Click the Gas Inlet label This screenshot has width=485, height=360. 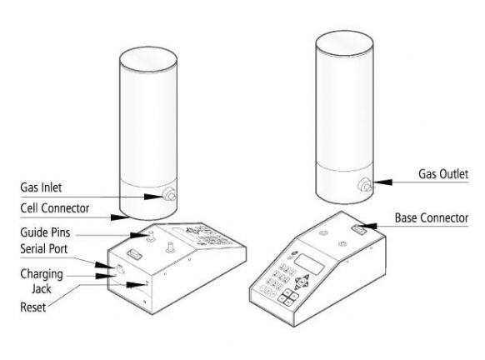pos(41,187)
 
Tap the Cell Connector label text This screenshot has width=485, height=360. pos(55,208)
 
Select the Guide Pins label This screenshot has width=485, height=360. pos(45,232)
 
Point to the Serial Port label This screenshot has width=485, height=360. pos(44,248)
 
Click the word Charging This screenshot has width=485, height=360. pos(42,274)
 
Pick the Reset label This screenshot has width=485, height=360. pos(33,307)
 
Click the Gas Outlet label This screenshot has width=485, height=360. pos(443,174)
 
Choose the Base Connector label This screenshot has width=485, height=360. pos(432,218)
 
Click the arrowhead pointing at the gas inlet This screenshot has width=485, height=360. pos(153,197)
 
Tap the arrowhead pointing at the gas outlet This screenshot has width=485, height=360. pos(383,182)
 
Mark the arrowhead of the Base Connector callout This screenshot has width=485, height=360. pos(368,227)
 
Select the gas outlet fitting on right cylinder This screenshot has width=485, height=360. pos(365,185)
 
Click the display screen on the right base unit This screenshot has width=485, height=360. pos(309,264)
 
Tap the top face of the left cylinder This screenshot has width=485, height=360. pos(148,60)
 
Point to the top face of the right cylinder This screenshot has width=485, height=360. pos(344,43)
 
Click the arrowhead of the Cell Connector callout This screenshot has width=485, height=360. pos(120,217)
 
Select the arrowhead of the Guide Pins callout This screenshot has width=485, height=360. pos(140,235)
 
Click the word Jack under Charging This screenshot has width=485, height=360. pos(42,289)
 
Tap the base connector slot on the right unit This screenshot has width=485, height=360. pos(359,229)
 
